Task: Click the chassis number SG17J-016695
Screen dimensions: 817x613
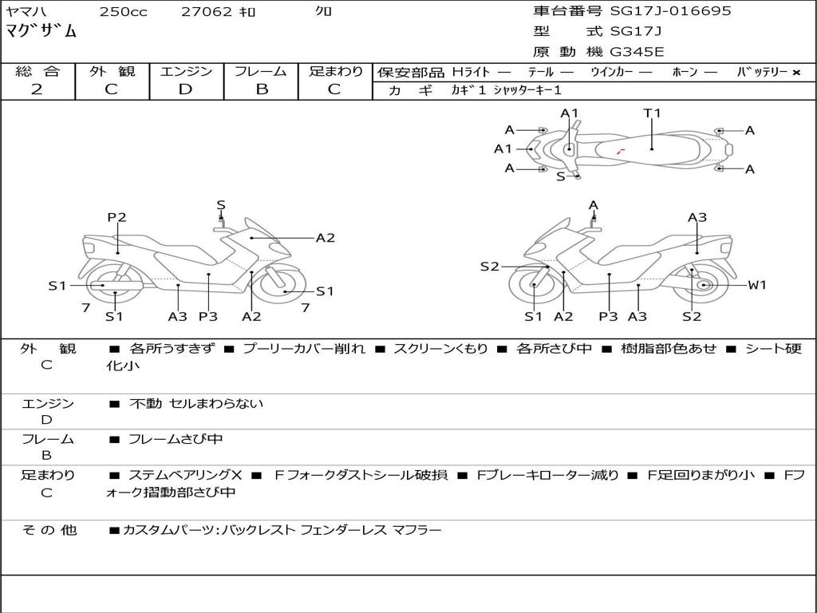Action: pos(670,11)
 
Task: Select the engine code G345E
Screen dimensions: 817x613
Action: pos(637,52)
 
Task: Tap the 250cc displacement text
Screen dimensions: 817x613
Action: pos(124,11)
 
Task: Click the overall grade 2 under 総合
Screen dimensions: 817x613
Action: pos(37,89)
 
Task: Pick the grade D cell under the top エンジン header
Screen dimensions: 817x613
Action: pos(185,89)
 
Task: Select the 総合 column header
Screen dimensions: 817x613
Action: pos(37,71)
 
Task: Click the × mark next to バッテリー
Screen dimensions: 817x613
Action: pos(796,73)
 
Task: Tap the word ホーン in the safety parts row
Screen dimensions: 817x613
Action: pos(685,72)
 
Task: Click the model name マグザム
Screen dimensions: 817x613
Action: pos(41,31)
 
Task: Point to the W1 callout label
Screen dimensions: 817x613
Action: pos(757,285)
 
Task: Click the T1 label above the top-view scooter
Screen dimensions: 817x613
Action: pos(652,113)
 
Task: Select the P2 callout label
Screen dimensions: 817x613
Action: pos(116,217)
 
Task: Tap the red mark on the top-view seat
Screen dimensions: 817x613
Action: pos(620,152)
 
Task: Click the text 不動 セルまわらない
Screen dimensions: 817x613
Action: pos(196,403)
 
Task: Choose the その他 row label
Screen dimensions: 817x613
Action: pos(49,530)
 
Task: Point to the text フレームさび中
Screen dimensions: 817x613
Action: pos(176,440)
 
